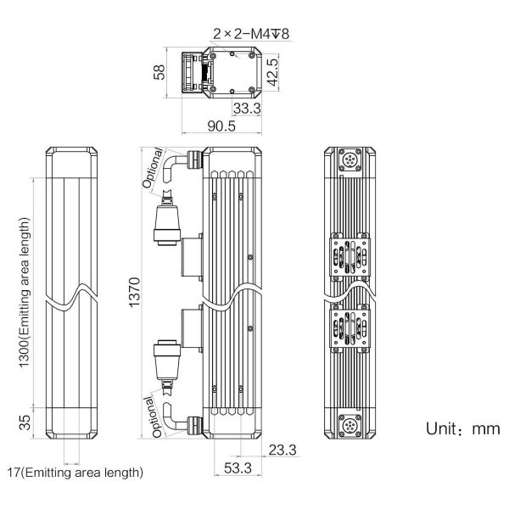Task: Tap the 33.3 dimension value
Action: point(248,108)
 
